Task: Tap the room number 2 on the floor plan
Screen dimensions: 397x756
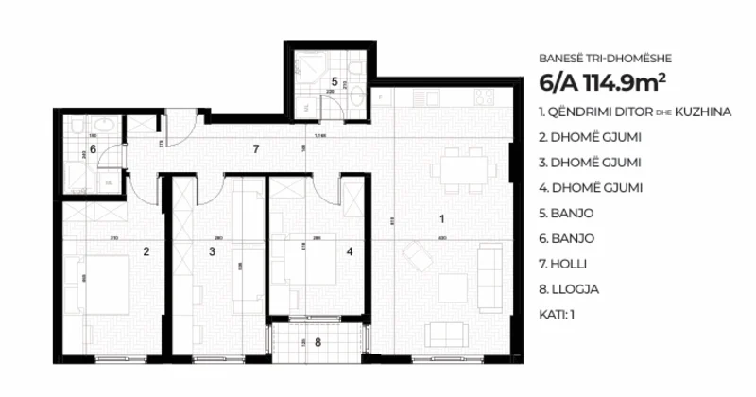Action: coord(146,251)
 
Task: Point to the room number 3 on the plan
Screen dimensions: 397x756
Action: coord(212,251)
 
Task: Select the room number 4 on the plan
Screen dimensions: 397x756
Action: coord(349,251)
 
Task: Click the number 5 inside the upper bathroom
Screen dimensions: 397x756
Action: coord(335,82)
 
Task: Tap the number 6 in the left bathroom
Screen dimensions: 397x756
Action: coord(93,149)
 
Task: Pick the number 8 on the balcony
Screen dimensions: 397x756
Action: coord(318,342)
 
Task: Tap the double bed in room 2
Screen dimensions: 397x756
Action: coord(101,282)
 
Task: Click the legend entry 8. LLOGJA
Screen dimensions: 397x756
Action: coord(567,290)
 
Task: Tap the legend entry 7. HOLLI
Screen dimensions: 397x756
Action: coord(564,265)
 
